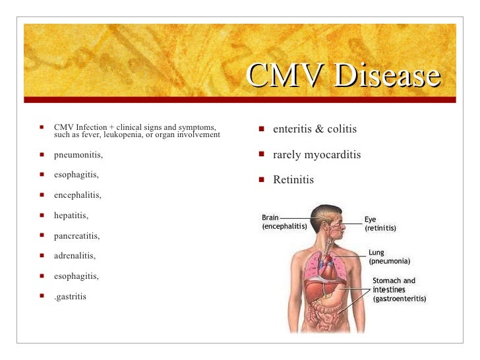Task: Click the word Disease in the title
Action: tap(387, 76)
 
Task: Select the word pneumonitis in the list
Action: tap(78, 155)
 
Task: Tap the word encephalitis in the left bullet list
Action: tap(78, 195)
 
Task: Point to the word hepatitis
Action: tap(71, 216)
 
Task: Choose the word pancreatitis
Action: tap(76, 235)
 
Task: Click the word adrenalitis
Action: tap(75, 256)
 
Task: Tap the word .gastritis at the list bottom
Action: tap(70, 296)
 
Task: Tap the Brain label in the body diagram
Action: tap(270, 218)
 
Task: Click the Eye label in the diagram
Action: tap(371, 220)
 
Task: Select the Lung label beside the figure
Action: tap(376, 253)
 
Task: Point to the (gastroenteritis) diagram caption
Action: tap(400, 299)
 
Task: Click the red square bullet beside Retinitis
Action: tap(261, 179)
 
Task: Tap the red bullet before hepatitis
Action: tap(42, 215)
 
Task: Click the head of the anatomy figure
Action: tap(328, 221)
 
